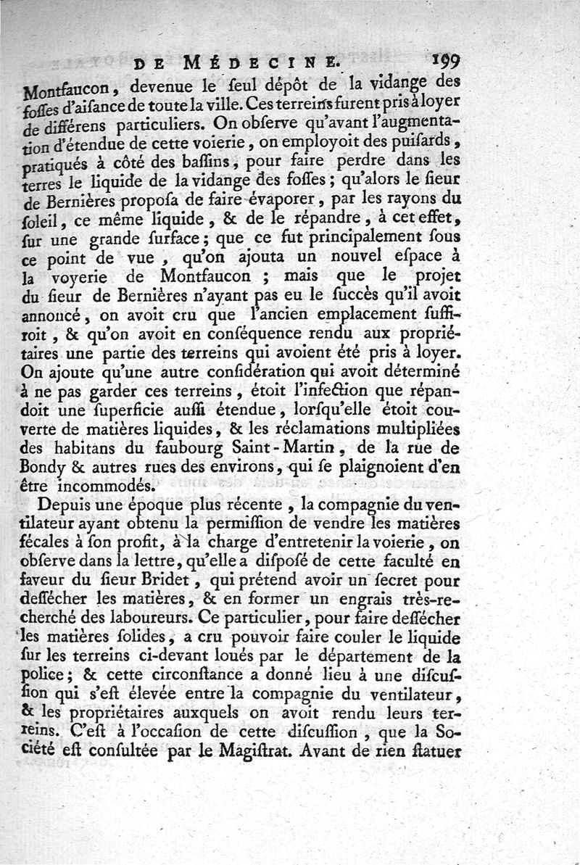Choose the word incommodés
click(104, 487)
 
